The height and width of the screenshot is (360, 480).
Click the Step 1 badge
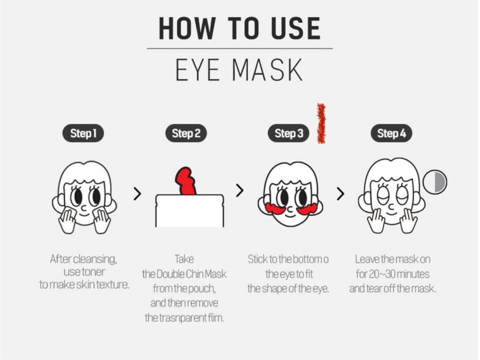[x=83, y=134]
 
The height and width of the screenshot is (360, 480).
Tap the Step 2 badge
[x=186, y=134]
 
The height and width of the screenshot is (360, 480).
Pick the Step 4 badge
[x=391, y=134]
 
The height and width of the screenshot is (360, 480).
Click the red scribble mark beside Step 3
[x=321, y=123]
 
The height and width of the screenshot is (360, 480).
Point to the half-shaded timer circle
[x=435, y=182]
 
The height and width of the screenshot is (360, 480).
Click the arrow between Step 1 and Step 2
[x=137, y=194]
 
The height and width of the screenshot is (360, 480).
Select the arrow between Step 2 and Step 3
[x=240, y=191]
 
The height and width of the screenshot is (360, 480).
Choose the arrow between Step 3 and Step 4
[x=340, y=194]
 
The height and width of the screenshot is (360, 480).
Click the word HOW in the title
[x=181, y=28]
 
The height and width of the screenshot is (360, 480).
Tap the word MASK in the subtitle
[x=267, y=70]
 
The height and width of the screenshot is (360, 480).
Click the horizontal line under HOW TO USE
[x=240, y=49]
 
